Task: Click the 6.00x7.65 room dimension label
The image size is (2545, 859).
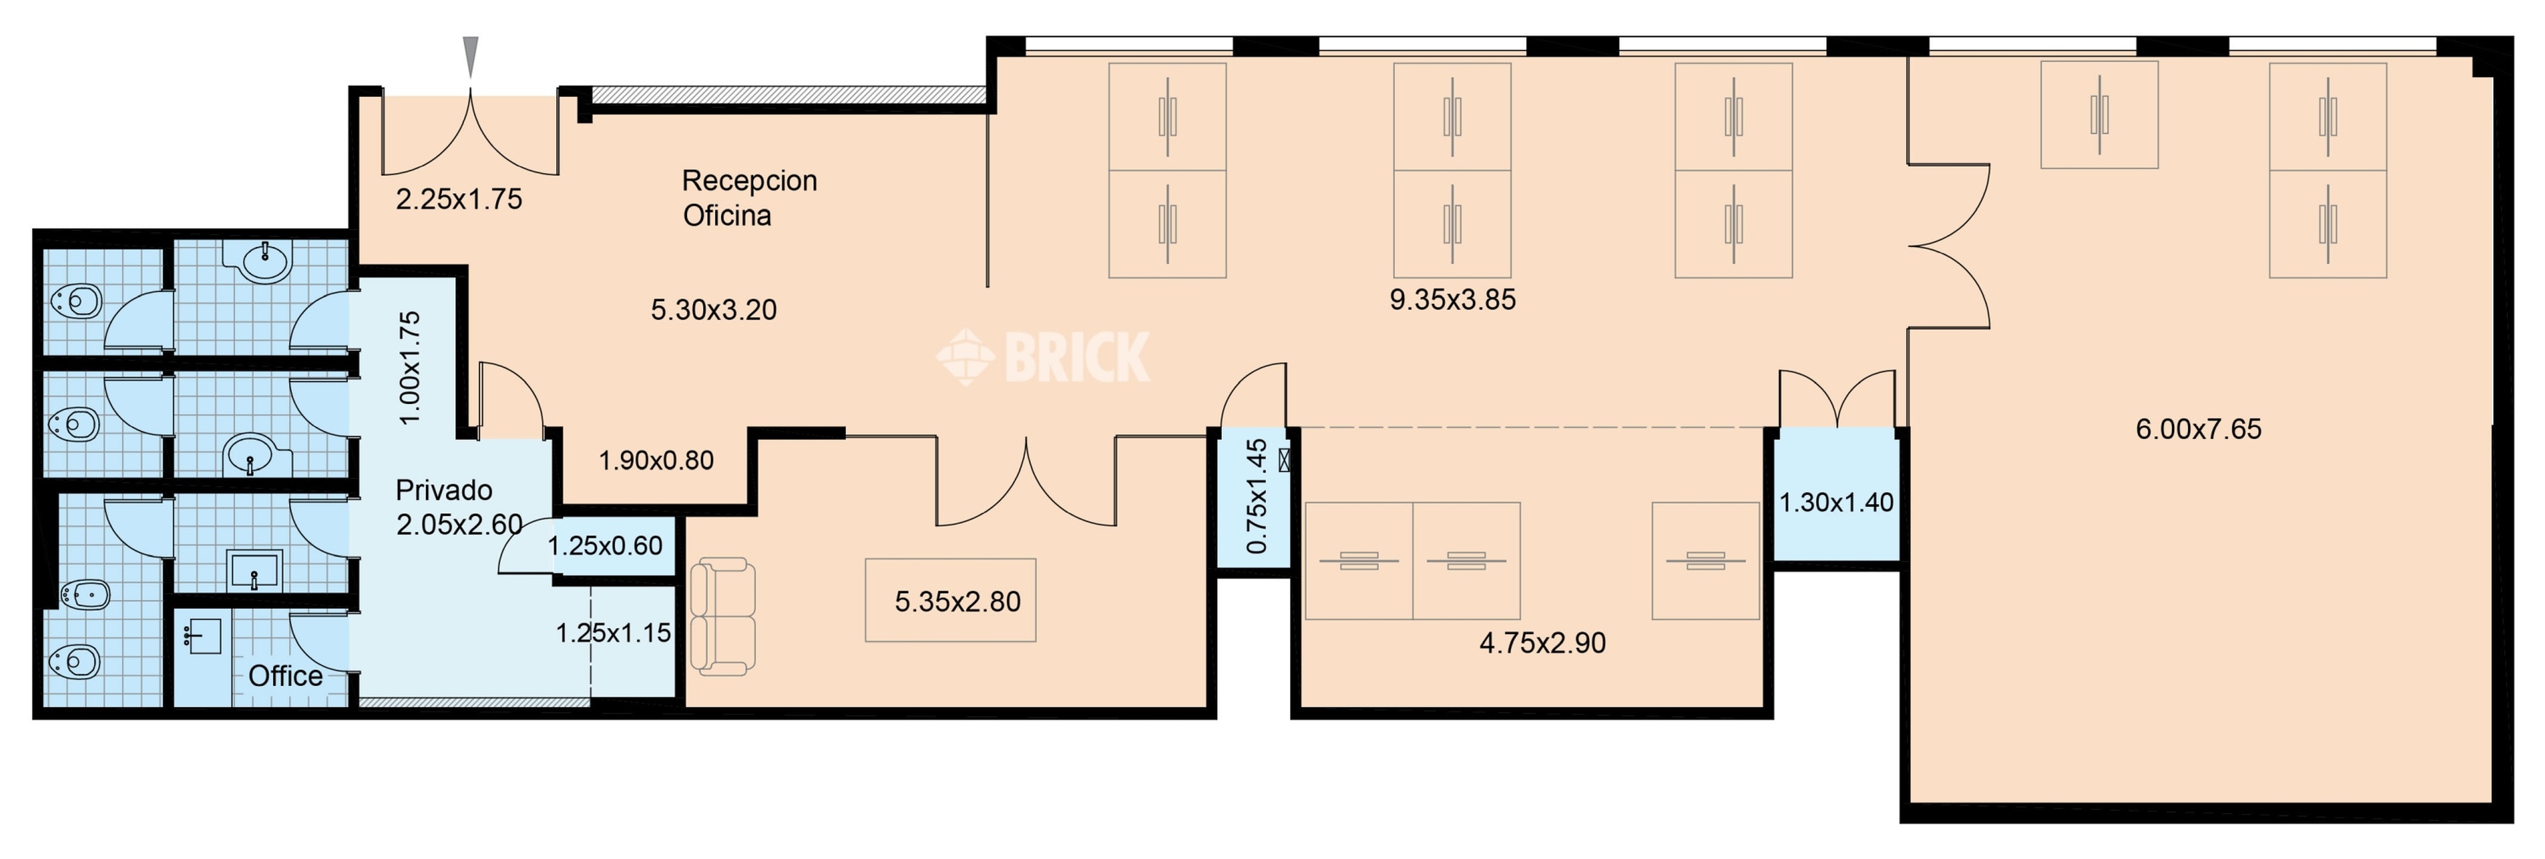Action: (x=2198, y=429)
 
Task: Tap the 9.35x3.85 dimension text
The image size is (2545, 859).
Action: (x=1452, y=299)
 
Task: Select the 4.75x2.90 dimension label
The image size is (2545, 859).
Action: (x=1542, y=644)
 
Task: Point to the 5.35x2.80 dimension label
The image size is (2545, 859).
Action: (x=957, y=602)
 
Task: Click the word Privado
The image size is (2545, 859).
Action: (x=443, y=491)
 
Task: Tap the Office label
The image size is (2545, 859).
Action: (x=286, y=676)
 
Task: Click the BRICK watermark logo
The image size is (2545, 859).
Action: (x=1043, y=356)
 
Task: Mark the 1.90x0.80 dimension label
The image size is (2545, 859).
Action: (x=656, y=460)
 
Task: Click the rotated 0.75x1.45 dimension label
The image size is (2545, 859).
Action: (x=1256, y=496)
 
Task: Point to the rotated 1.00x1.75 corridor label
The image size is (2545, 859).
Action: (x=410, y=368)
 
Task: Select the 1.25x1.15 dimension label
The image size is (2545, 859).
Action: (x=614, y=633)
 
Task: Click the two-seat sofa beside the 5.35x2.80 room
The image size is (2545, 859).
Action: (x=723, y=617)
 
